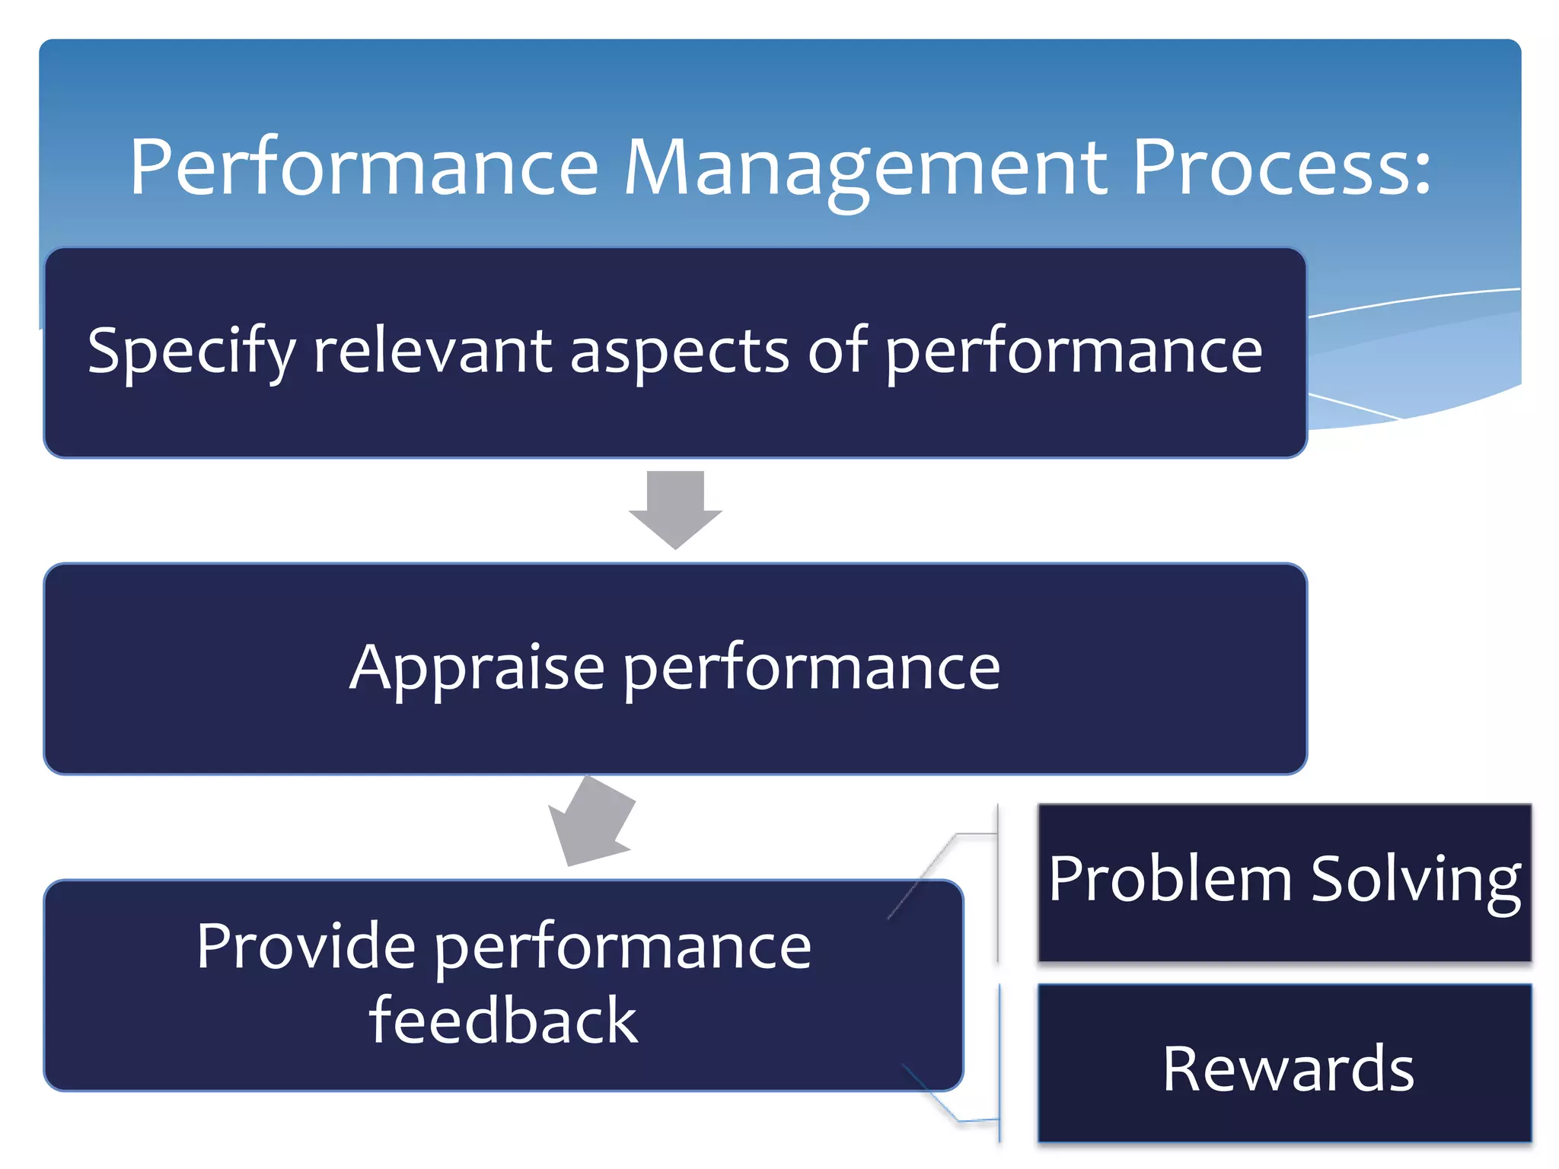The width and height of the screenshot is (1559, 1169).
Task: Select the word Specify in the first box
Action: click(190, 352)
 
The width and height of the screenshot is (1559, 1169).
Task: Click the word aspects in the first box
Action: click(679, 352)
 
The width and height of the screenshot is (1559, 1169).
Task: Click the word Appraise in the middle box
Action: click(477, 668)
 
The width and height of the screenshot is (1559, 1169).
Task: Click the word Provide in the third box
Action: click(305, 945)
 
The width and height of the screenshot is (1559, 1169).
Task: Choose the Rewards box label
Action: click(1288, 1069)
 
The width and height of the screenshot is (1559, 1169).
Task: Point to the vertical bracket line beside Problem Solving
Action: click(998, 883)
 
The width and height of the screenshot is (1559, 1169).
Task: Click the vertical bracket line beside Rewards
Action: click(999, 1064)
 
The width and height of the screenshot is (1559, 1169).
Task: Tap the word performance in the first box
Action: click(1073, 352)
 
